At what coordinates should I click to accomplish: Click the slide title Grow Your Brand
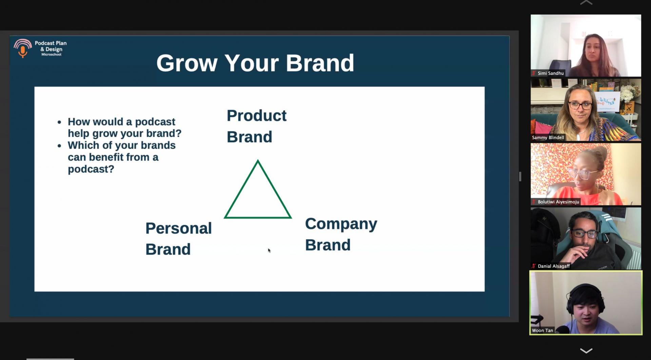coord(255,63)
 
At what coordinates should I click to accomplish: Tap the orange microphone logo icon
coord(22,48)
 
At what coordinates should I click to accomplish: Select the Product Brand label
coord(257,126)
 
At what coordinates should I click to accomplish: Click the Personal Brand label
coord(178,239)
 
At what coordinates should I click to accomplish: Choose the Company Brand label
coord(341,234)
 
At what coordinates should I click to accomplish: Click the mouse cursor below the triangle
coord(269,250)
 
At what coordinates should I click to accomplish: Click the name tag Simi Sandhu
coord(550,73)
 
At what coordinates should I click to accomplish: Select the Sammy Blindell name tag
coord(548,137)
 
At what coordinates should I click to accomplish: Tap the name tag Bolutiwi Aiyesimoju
coord(558,202)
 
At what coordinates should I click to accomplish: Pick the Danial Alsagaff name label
coord(553,266)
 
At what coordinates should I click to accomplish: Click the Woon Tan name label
coord(542,330)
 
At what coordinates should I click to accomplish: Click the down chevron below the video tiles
coord(586,350)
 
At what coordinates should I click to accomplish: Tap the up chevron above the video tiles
coord(586,2)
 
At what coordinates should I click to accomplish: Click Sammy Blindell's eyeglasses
coord(580,106)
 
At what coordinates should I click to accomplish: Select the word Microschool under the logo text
coord(51,55)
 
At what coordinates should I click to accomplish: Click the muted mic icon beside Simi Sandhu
coord(534,73)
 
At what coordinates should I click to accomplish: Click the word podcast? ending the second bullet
coord(91,169)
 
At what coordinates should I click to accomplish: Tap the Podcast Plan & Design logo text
coord(51,46)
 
